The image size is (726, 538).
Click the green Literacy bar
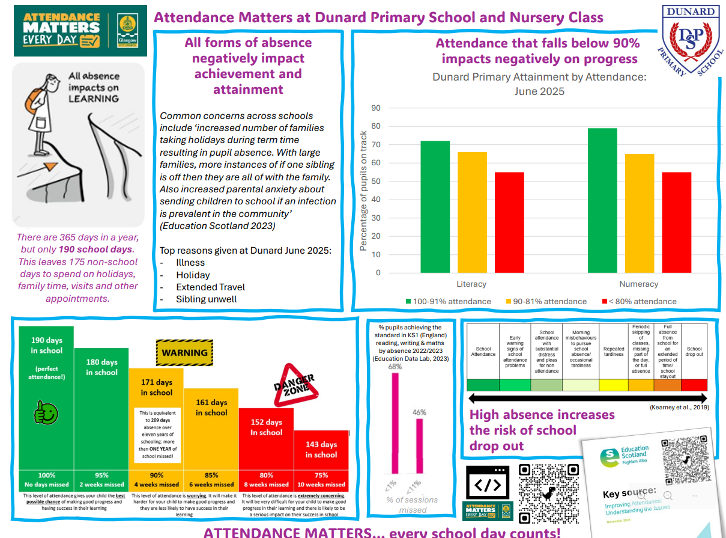tap(435, 207)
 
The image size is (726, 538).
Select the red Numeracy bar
tap(676, 222)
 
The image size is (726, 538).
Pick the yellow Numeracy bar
tap(640, 213)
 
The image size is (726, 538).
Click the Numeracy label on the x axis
tap(638, 284)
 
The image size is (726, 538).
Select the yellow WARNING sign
tap(184, 353)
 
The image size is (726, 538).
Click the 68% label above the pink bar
tap(395, 366)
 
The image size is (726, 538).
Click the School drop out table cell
tap(694, 352)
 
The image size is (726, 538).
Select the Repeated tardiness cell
tap(614, 352)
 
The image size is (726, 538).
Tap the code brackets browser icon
tap(487, 483)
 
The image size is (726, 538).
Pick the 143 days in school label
tap(321, 450)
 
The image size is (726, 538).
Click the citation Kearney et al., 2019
tap(679, 408)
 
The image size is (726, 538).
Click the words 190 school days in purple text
tap(96, 249)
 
